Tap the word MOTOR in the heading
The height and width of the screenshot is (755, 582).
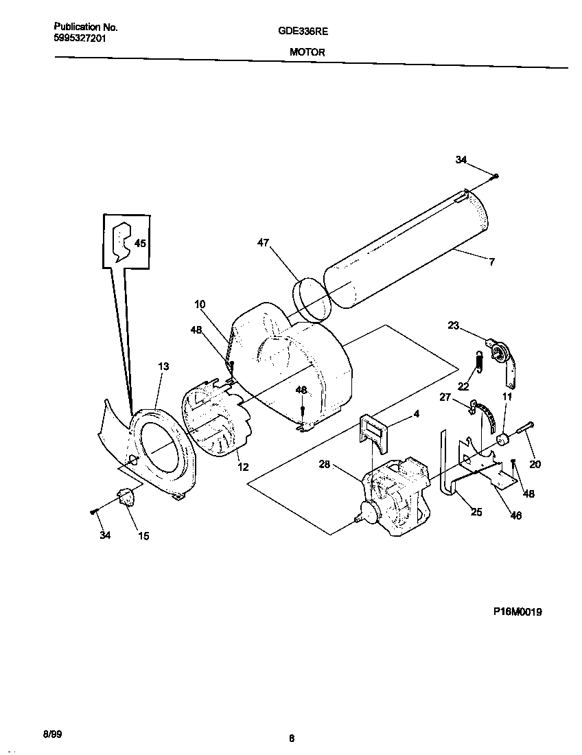tap(303, 52)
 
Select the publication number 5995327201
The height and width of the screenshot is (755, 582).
tap(80, 38)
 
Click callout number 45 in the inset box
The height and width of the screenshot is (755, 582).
tap(140, 243)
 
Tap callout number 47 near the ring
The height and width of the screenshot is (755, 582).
tap(264, 242)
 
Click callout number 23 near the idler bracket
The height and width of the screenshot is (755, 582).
tap(453, 326)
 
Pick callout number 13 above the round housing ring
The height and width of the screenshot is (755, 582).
tap(163, 367)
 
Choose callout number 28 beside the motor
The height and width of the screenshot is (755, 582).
tap(325, 465)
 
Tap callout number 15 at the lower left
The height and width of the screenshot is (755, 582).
tap(143, 536)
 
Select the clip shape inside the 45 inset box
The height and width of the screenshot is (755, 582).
tap(122, 241)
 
